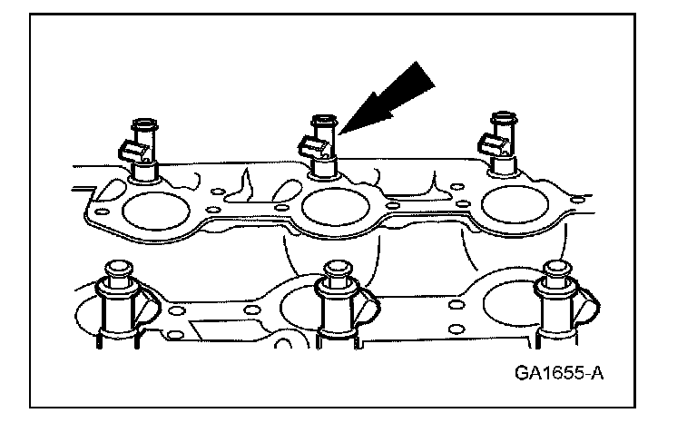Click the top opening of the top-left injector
coord(144,120)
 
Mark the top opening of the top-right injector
coord(501,118)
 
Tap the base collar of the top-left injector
coord(144,170)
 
